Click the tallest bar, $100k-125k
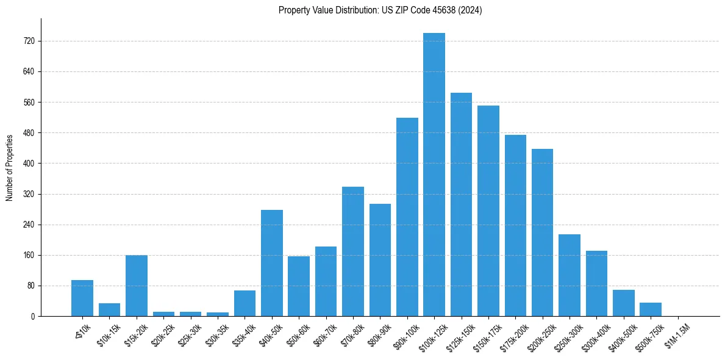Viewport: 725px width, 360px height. pyautogui.click(x=434, y=177)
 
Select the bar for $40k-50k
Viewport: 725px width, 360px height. pyautogui.click(x=272, y=264)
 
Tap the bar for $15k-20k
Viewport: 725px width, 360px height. pyautogui.click(x=137, y=286)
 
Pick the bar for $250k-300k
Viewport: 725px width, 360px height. pyautogui.click(x=570, y=276)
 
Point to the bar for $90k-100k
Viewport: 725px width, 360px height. pyautogui.click(x=407, y=217)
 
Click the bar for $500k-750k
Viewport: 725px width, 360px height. pyautogui.click(x=651, y=309)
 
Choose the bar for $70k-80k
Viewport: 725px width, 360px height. pyautogui.click(x=353, y=251)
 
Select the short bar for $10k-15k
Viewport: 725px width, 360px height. pyautogui.click(x=110, y=310)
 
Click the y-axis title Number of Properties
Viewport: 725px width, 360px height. pyautogui.click(x=10, y=167)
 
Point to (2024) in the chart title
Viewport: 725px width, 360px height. pyautogui.click(x=471, y=10)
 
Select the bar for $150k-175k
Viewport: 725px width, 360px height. pyautogui.click(x=488, y=211)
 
